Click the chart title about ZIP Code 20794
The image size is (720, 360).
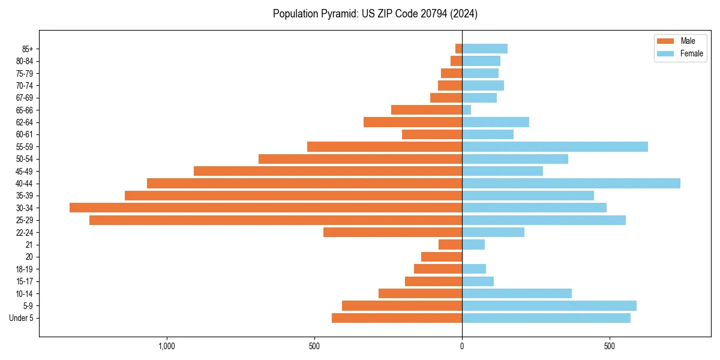click(x=375, y=13)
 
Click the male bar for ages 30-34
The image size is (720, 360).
click(x=266, y=208)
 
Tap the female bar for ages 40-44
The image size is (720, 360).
click(x=571, y=183)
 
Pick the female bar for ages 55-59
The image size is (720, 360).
click(x=554, y=146)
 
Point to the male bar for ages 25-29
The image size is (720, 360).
click(x=275, y=220)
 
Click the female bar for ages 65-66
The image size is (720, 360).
click(x=466, y=110)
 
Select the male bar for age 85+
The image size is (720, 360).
click(x=458, y=49)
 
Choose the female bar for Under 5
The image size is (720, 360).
click(x=546, y=318)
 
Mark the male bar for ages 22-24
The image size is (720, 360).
click(x=392, y=232)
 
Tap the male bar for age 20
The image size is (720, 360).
click(x=442, y=257)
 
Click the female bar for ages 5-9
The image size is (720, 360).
click(x=549, y=305)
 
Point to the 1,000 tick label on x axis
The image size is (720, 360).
click(x=166, y=346)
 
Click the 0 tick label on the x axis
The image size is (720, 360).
click(x=462, y=346)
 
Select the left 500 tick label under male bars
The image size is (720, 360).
click(x=314, y=346)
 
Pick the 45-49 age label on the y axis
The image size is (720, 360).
click(x=25, y=171)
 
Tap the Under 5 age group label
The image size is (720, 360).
click(x=21, y=318)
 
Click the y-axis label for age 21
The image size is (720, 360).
click(x=29, y=245)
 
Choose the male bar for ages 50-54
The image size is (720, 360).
click(x=360, y=159)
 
